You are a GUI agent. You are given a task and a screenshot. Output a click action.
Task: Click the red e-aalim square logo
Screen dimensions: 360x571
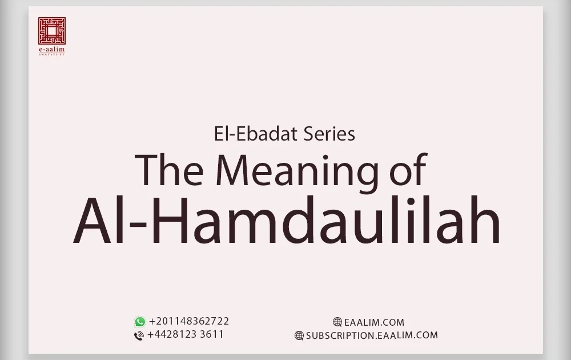tap(52, 30)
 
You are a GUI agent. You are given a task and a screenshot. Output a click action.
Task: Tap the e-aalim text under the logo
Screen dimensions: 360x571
tap(52, 50)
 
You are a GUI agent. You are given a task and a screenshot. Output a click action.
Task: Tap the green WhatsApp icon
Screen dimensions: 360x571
tap(140, 322)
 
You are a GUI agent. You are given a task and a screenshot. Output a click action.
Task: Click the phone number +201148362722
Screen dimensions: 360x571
tap(189, 321)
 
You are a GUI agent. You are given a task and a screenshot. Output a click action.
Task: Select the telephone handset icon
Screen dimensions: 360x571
tap(139, 335)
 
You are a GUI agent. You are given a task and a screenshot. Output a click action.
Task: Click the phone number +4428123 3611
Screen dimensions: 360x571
tap(185, 334)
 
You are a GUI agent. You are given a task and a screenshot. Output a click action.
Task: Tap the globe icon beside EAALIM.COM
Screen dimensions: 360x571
tap(337, 322)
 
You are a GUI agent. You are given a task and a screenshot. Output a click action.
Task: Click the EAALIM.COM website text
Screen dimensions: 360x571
tap(374, 322)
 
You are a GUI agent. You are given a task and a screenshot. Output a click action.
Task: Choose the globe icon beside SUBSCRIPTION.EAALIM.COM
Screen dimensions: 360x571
tap(299, 335)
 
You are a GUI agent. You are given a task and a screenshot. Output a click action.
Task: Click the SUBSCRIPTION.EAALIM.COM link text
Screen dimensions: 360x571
tap(372, 335)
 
